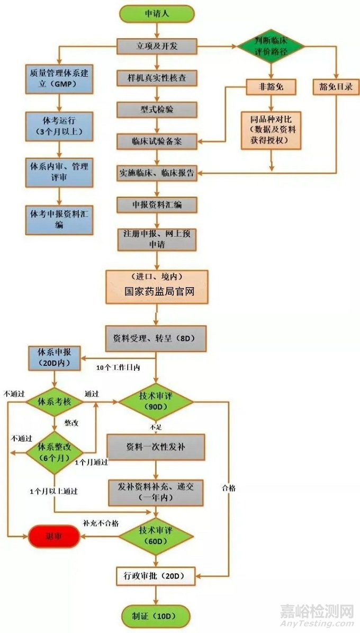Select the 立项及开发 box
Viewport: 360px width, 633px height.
pyautogui.click(x=157, y=46)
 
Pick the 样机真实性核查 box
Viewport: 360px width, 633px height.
pyautogui.click(x=157, y=78)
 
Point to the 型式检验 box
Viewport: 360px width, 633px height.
pyautogui.click(x=157, y=110)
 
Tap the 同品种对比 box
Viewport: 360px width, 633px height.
pyautogui.click(x=271, y=130)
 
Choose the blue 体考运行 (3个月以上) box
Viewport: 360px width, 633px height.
pyautogui.click(x=59, y=126)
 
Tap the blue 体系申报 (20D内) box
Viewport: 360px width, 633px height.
pyautogui.click(x=53, y=358)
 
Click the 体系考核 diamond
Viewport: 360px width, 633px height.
pyautogui.click(x=54, y=402)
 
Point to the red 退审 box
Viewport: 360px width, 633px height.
pyautogui.click(x=54, y=537)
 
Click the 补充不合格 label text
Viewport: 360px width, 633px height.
pyautogui.click(x=101, y=523)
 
